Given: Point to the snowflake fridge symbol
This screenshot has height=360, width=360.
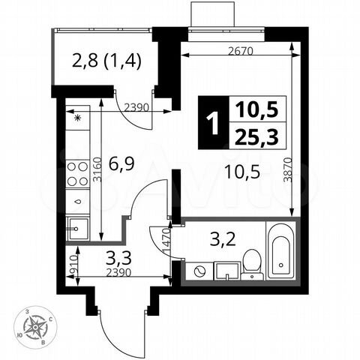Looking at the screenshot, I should [77, 118].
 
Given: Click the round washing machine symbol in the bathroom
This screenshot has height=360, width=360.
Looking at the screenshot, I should [199, 270].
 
